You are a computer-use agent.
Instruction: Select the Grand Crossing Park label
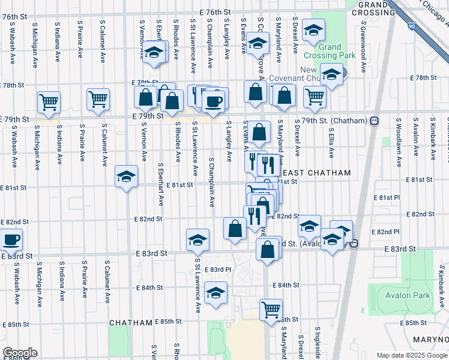(330, 51)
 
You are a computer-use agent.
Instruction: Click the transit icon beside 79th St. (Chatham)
(374, 121)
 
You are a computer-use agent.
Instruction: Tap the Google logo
(20, 353)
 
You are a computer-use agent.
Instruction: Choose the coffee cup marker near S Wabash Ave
(11, 240)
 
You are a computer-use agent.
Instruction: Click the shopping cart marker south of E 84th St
(271, 310)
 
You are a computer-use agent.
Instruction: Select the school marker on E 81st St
(126, 177)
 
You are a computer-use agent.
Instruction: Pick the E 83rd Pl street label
(216, 269)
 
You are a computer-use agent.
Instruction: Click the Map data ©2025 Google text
(411, 355)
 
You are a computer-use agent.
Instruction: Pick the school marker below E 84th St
(215, 293)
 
